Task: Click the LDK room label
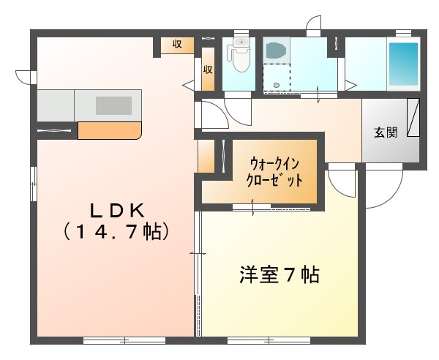click(116, 211)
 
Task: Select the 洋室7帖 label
click(279, 276)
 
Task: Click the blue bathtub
click(402, 64)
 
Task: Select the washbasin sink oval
click(276, 50)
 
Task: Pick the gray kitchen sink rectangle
click(113, 105)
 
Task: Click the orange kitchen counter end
click(109, 131)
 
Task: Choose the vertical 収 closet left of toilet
click(208, 70)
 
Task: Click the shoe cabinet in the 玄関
click(413, 119)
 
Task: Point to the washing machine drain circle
click(276, 86)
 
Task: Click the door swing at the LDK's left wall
click(26, 75)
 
